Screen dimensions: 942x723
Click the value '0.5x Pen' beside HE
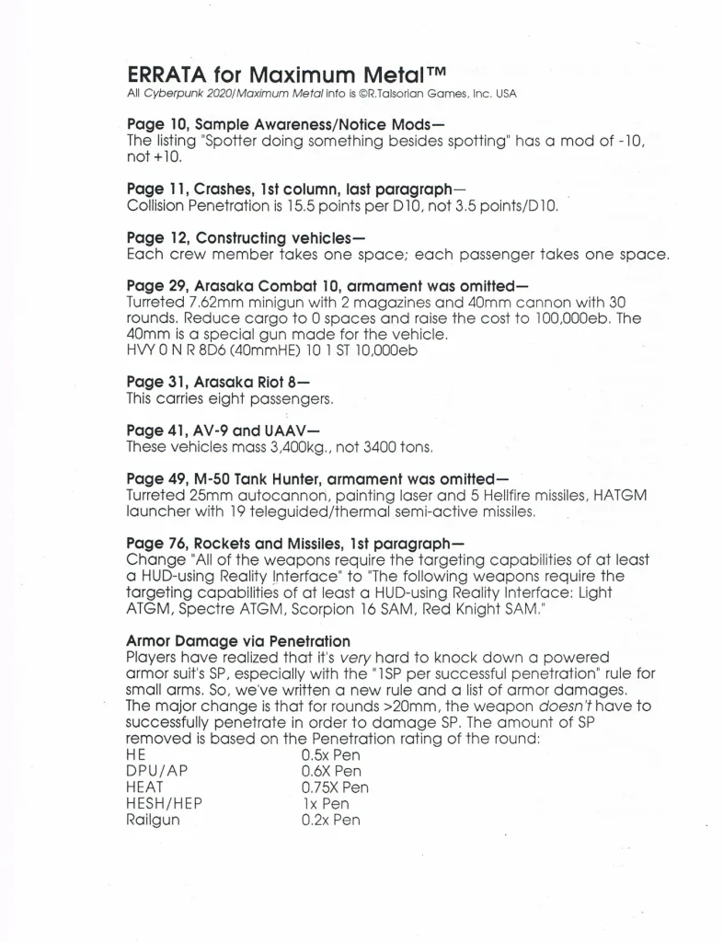[330, 754]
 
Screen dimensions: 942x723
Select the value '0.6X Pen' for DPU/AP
[331, 771]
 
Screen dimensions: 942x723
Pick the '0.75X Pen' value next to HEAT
[335, 787]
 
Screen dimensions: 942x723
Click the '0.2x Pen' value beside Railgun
[330, 820]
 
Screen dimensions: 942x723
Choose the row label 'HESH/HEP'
[164, 804]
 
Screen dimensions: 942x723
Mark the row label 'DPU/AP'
[156, 771]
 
